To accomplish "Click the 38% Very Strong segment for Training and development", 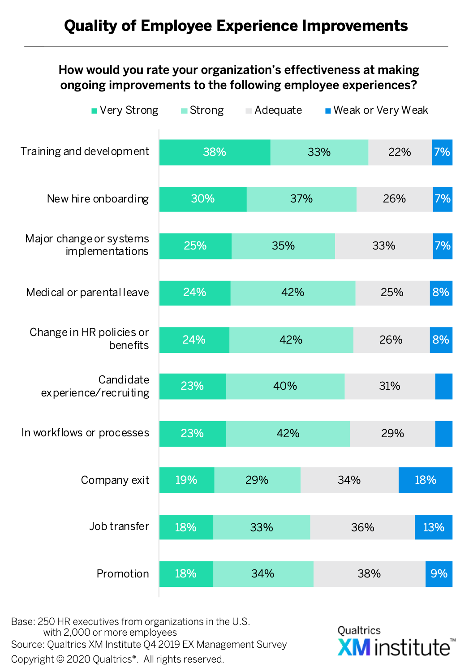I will tap(215, 152).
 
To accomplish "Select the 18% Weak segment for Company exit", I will tap(425, 480).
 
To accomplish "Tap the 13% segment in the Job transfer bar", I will tap(433, 527).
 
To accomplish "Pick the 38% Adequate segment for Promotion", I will tap(369, 574).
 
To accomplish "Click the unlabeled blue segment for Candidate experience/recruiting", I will tap(443, 386).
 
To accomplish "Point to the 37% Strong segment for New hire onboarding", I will tap(301, 199).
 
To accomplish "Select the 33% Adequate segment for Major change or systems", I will tap(384, 246).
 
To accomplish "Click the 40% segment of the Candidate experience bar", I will tap(285, 386).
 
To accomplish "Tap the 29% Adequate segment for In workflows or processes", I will tap(392, 434).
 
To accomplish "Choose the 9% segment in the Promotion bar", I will tap(439, 574).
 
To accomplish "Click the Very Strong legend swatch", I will tap(95, 111).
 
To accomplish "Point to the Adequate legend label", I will tap(278, 110).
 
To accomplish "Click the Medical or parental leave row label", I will tap(87, 293).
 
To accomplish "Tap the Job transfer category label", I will tap(119, 526).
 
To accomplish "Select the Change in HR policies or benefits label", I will tap(89, 339).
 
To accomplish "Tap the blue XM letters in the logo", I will tap(354, 647).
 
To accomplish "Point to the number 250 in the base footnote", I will tap(46, 622).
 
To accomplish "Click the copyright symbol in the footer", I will tap(60, 659).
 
